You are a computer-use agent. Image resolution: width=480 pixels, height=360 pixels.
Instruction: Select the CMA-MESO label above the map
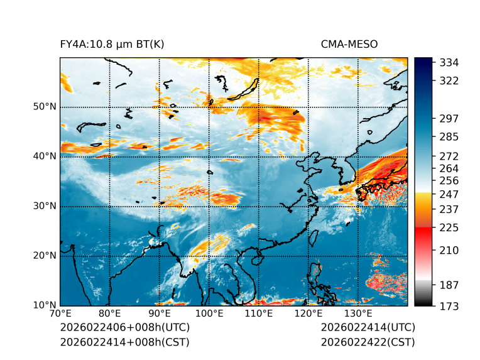point(349,44)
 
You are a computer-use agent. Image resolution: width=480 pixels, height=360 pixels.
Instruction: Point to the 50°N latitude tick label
point(45,107)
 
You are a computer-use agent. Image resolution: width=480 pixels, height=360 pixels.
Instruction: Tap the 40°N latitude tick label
point(45,156)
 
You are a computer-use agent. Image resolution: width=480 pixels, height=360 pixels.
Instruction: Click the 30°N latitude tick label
point(45,206)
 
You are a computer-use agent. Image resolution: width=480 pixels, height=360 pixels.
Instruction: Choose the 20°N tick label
point(45,256)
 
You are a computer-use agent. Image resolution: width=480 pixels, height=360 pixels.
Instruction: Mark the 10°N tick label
point(45,305)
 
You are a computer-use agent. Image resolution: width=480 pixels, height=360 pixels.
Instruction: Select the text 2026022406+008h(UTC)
point(124,328)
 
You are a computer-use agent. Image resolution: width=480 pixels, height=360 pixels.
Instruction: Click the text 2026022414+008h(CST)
point(124,342)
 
